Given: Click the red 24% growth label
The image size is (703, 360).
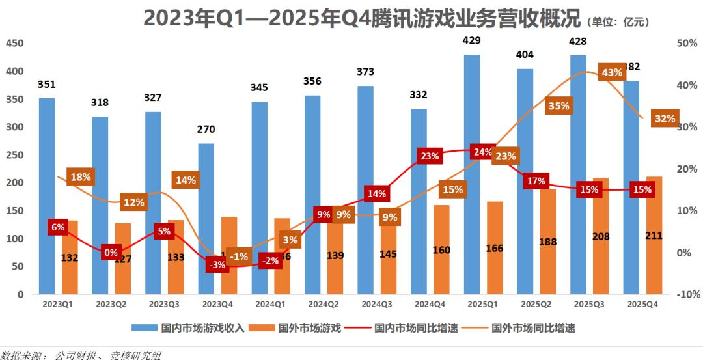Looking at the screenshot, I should click(x=483, y=152).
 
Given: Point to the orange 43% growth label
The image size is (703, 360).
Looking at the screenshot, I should click(x=612, y=72).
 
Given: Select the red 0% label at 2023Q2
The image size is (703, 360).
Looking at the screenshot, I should click(x=110, y=253).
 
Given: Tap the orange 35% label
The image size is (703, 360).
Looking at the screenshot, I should click(x=558, y=105).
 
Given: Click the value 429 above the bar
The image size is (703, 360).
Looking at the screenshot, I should click(x=471, y=40).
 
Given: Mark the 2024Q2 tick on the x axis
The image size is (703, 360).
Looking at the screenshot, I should click(x=323, y=303).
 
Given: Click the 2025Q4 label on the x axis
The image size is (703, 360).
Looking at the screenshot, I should click(x=641, y=303).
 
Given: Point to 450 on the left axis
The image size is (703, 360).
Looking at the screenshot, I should click(x=14, y=43).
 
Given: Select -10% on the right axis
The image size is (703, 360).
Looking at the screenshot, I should click(x=688, y=294).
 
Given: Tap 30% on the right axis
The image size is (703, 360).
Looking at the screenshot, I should click(x=688, y=127).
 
